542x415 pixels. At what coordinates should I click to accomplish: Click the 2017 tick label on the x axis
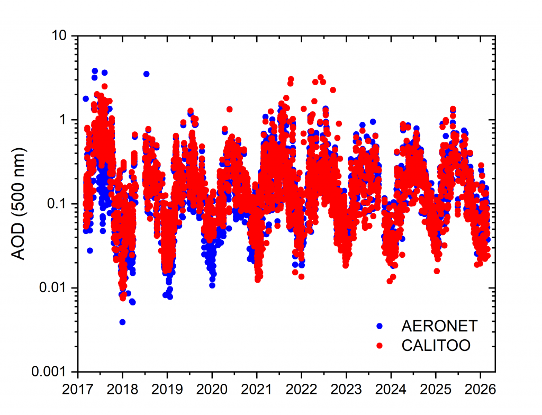(x=78, y=390)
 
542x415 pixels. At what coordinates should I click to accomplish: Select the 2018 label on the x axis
(x=122, y=390)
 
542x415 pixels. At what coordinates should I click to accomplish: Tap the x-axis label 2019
(x=167, y=390)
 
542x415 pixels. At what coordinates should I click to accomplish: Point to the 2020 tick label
(x=212, y=390)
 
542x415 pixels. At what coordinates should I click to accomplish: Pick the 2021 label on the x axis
(x=257, y=390)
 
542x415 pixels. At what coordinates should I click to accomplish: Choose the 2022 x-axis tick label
(x=301, y=390)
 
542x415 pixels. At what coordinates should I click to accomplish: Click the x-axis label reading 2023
(x=346, y=390)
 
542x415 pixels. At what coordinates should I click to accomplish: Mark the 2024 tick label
(x=391, y=390)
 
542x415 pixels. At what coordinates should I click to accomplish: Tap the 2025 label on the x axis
(x=436, y=390)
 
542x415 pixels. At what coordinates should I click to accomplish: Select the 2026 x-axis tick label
(x=480, y=390)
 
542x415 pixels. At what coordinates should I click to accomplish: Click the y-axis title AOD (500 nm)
(x=20, y=204)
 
